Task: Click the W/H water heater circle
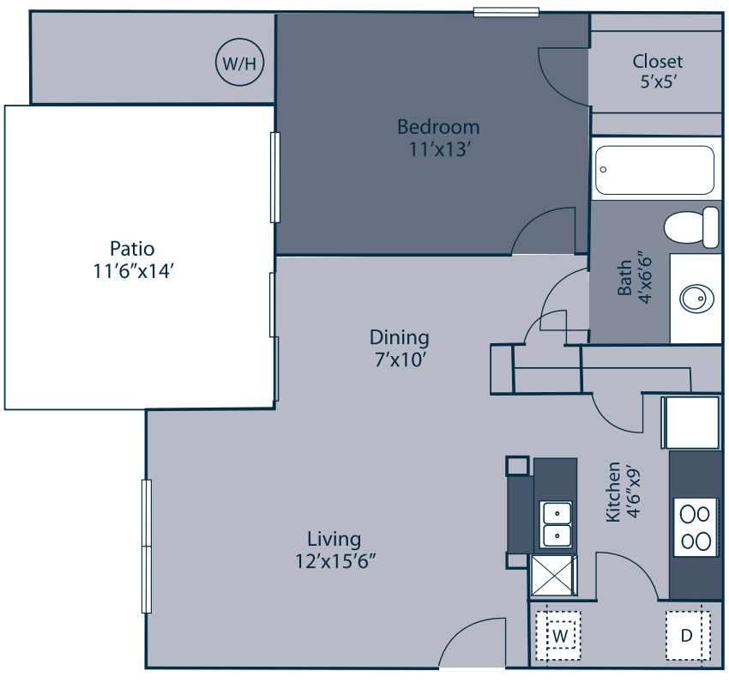pos(239,63)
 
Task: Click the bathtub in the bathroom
pos(655,170)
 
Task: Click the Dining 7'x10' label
pos(399,348)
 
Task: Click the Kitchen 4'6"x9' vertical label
pos(623,492)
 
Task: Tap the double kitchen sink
pos(557,524)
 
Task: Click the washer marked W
pos(560,636)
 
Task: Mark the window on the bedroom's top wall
pos(506,12)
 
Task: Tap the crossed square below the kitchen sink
pos(554,575)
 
